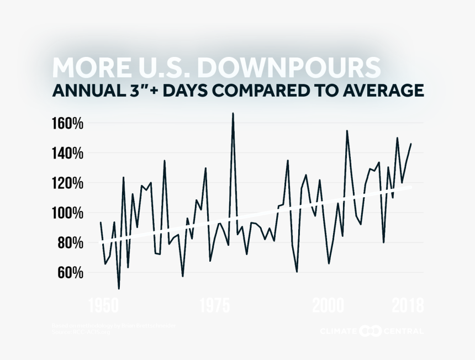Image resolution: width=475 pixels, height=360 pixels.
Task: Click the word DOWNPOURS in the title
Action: pyautogui.click(x=289, y=67)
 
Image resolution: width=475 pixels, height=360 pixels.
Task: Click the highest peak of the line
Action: pyautogui.click(x=233, y=113)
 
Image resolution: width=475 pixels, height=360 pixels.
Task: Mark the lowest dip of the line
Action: pyautogui.click(x=119, y=288)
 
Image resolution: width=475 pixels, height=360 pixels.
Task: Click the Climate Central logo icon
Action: pyautogui.click(x=370, y=331)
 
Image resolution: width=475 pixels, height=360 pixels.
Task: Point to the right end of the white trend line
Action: pyautogui.click(x=411, y=187)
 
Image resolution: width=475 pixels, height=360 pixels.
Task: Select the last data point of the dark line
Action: pyautogui.click(x=411, y=144)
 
